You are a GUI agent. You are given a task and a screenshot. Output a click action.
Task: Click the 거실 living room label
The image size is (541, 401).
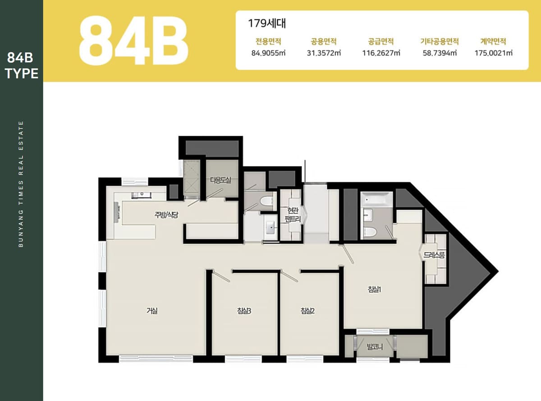152,311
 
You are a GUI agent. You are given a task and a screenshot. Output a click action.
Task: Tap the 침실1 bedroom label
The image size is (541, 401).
374,290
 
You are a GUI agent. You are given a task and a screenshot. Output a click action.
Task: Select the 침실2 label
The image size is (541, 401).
307,311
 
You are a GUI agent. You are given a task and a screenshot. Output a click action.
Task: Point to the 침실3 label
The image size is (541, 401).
244,311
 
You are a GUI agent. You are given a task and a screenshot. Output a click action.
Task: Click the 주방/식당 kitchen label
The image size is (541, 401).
166,215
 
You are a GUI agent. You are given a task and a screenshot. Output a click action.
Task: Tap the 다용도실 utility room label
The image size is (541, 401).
220,180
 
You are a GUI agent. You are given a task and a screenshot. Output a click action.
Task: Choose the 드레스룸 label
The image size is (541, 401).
434,255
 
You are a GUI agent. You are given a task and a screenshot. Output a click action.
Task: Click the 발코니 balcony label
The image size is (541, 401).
375,347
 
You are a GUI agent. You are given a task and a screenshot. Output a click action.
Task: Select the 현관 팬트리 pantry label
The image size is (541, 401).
293,215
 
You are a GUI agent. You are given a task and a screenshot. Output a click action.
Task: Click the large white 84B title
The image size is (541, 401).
133,40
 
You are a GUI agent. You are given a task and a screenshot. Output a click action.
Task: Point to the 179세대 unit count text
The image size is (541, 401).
267,23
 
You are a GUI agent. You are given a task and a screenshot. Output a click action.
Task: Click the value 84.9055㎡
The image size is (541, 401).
268,53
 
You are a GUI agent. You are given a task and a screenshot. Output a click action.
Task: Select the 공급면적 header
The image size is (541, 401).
381,41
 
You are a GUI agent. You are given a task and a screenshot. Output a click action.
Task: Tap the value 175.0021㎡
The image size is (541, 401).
493,53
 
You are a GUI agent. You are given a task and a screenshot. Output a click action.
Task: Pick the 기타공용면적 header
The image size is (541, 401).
439,41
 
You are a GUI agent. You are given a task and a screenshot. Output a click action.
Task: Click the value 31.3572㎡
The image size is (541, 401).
324,53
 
